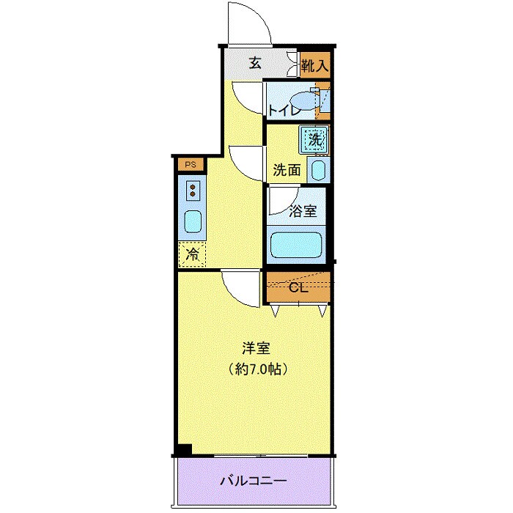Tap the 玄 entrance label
click(254, 63)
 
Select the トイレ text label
click(282, 111)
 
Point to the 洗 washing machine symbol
click(314, 138)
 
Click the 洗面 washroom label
click(287, 170)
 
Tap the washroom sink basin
click(318, 171)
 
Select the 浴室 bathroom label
click(303, 211)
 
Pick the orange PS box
click(191, 164)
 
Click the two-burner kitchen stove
click(193, 191)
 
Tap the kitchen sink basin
click(193, 220)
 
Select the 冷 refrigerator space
click(192, 254)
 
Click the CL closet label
click(298, 287)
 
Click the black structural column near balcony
click(183, 449)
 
